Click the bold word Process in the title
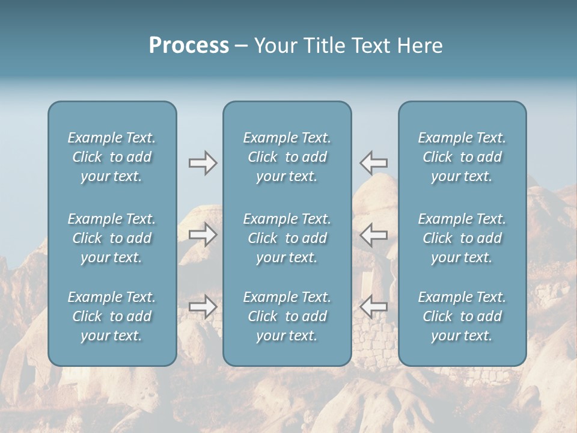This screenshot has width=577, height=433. (x=189, y=46)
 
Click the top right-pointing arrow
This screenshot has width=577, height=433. (x=203, y=163)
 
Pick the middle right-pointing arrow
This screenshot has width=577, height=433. (x=203, y=235)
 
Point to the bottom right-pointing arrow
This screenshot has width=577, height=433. (x=203, y=307)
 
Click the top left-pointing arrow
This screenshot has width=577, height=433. (x=374, y=163)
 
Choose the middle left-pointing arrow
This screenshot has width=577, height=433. (x=374, y=235)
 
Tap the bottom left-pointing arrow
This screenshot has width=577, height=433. (x=374, y=307)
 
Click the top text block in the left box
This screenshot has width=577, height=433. (x=112, y=157)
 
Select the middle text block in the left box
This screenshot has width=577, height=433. (x=112, y=238)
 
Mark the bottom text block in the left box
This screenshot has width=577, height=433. (x=112, y=316)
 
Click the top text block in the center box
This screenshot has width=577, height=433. (x=287, y=157)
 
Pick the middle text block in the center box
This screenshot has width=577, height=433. (x=287, y=238)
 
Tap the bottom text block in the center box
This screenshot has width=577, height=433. (x=287, y=316)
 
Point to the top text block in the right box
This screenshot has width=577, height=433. (x=462, y=157)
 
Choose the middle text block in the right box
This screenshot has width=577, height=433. (x=462, y=238)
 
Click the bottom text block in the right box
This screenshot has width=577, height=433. (x=462, y=316)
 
